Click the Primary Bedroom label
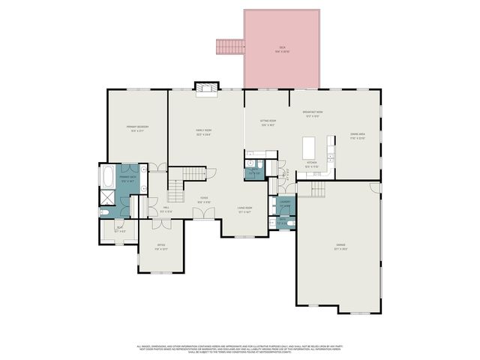(x=137, y=128)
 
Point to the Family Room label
(x=203, y=133)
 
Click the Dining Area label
(x=357, y=136)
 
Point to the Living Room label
(x=244, y=210)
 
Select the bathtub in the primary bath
(x=108, y=177)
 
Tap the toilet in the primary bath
(x=106, y=213)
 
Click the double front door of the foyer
(x=202, y=214)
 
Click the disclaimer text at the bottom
(x=240, y=349)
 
